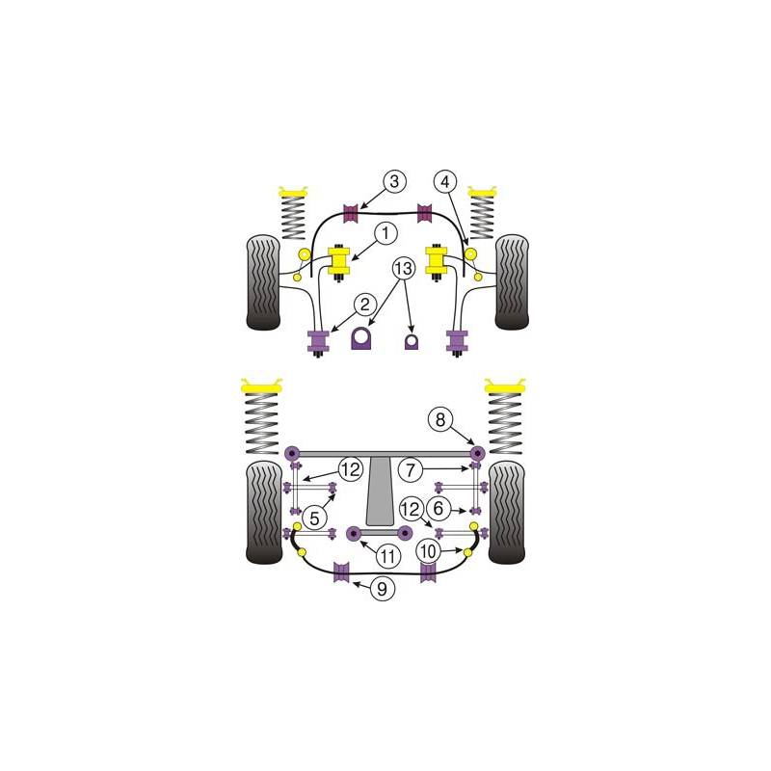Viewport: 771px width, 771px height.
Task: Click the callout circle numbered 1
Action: click(x=385, y=233)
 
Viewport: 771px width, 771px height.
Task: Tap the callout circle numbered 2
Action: click(x=364, y=305)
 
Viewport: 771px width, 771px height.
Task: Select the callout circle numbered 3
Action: click(x=394, y=181)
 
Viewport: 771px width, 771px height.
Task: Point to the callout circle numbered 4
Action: click(x=445, y=182)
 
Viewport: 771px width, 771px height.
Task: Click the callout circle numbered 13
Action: click(x=403, y=269)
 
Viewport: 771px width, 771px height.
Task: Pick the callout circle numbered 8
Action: click(x=440, y=420)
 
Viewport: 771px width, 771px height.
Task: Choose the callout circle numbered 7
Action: click(x=411, y=470)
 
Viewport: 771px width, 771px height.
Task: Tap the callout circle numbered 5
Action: click(x=314, y=518)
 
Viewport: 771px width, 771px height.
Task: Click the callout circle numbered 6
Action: click(x=439, y=509)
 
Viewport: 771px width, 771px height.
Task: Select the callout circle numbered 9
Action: click(x=382, y=588)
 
